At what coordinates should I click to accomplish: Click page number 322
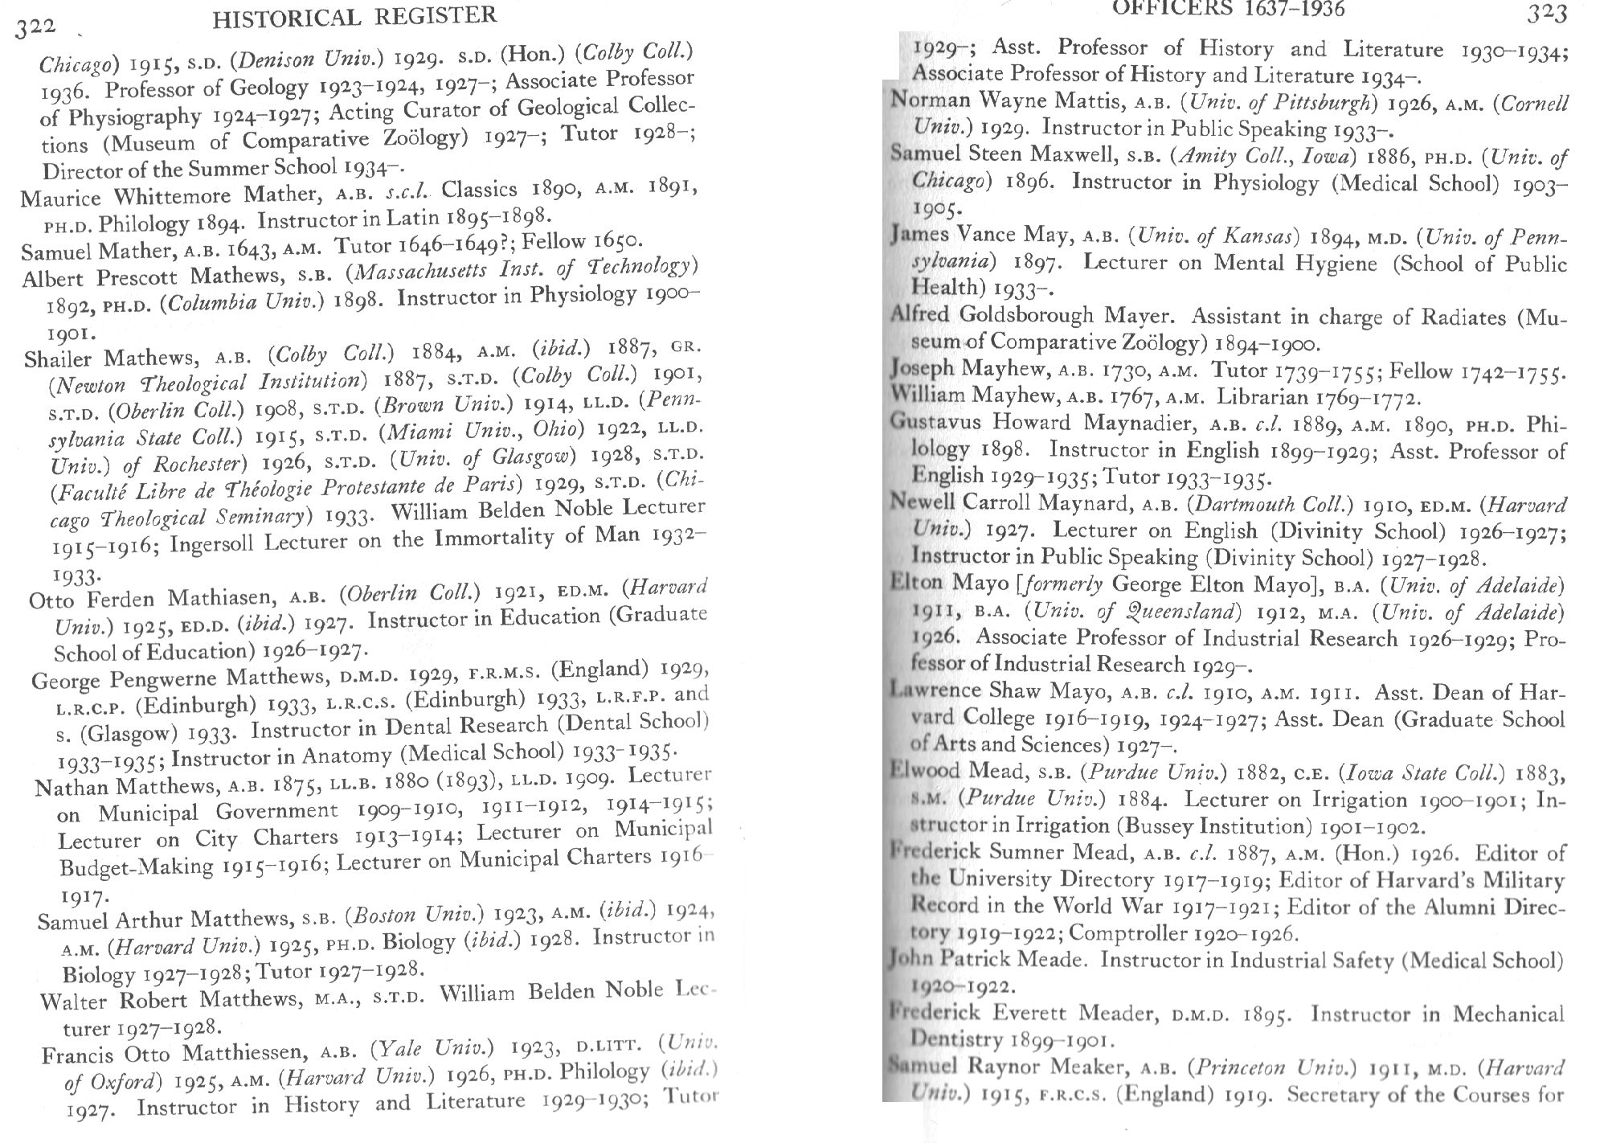36,26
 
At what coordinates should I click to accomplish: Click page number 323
1545,14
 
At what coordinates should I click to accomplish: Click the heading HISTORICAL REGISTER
354,16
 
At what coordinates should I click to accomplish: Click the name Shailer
59,358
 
